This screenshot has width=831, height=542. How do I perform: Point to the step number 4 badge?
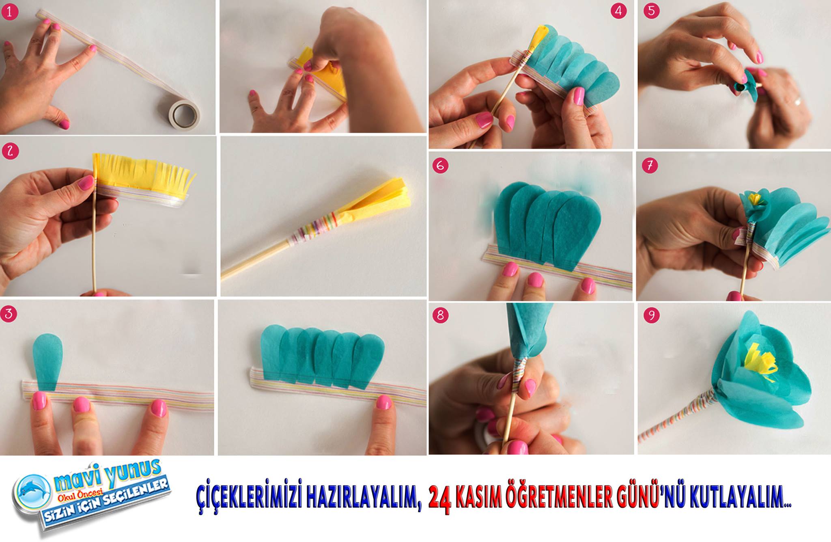coord(618,11)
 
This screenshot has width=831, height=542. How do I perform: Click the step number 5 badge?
coord(651,11)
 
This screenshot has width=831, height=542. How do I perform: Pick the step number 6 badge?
coord(440,166)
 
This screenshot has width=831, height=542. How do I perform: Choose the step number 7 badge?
coord(650,166)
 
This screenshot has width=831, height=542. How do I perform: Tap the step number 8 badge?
coord(441,315)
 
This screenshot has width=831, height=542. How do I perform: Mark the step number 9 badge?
coord(651,315)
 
